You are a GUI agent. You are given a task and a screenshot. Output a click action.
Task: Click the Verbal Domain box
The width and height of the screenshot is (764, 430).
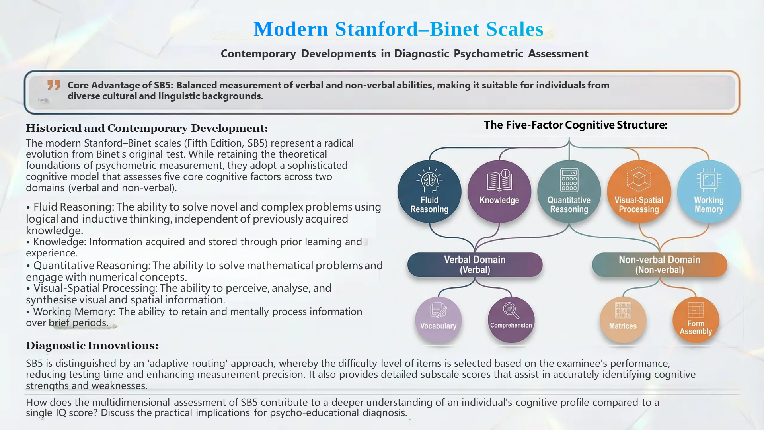(475, 265)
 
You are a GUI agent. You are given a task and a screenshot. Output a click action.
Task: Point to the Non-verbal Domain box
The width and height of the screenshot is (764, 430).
(659, 265)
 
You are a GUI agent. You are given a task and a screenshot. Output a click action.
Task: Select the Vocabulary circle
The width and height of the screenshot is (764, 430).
(438, 320)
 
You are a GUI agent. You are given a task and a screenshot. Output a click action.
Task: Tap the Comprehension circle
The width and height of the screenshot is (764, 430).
(511, 320)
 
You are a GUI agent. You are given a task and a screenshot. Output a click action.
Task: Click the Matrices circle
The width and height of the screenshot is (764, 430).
(623, 320)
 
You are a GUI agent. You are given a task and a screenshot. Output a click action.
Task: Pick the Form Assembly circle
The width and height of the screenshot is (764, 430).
(696, 320)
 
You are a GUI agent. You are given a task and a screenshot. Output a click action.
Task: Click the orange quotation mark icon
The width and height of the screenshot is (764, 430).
(54, 85)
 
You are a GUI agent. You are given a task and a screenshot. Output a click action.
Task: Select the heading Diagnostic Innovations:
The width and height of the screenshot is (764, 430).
(92, 346)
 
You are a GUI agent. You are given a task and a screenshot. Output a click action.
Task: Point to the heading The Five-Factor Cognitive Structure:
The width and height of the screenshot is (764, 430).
(575, 125)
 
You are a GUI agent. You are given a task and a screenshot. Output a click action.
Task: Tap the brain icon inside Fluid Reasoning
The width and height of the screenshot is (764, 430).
(429, 180)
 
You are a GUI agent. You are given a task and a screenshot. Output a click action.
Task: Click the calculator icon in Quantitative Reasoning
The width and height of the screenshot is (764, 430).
(569, 180)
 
